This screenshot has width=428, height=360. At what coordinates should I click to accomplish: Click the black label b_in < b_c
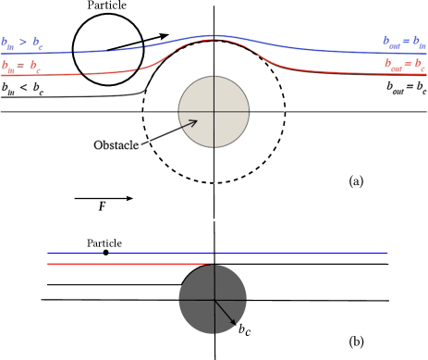(25, 89)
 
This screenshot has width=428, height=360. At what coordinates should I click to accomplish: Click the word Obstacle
(119, 145)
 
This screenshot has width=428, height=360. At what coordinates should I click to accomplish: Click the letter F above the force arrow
(102, 207)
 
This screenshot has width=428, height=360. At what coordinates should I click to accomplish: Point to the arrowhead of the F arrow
(129, 198)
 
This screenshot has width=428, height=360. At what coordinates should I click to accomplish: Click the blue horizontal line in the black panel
(277, 253)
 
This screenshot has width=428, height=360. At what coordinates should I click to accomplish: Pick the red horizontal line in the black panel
(277, 264)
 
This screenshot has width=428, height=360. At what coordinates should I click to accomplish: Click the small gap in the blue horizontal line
(106, 253)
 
